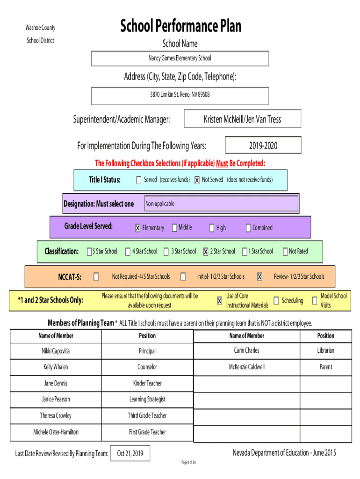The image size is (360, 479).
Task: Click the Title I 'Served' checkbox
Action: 139,180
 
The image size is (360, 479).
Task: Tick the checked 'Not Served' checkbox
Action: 197,180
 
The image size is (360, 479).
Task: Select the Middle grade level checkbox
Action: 175,228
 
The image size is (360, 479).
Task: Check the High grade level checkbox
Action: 212,228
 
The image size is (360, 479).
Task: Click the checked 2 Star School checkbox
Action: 206,251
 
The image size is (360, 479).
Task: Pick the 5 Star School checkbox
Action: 89,251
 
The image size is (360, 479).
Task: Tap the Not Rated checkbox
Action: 285,251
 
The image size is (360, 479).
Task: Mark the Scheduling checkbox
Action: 276,301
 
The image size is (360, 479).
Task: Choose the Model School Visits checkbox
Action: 315,301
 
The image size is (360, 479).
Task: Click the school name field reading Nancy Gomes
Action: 180,58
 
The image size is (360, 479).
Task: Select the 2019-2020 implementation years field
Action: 263,145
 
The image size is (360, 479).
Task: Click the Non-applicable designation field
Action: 221,203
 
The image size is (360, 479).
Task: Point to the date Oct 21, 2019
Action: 130,453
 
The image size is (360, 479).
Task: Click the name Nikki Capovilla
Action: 56,351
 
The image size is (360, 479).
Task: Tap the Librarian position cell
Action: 326,350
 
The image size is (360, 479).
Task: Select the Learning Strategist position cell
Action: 147,399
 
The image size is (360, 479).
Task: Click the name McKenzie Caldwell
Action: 247,367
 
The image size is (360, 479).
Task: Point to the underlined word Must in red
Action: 222,163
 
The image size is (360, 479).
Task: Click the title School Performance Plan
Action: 181,26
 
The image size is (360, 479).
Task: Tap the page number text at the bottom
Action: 189,462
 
